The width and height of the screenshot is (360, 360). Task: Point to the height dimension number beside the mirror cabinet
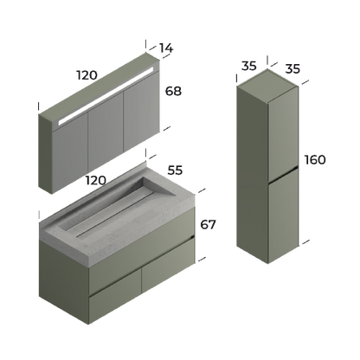pos(176,89)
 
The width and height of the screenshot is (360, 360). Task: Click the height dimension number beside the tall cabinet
pos(314,161)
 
